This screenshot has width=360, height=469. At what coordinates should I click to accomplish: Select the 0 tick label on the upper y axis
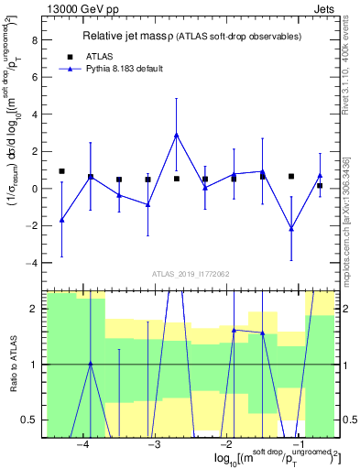point(36,189)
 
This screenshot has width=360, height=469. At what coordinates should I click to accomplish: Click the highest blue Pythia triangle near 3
point(176,135)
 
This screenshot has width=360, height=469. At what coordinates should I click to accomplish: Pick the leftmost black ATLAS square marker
point(61,171)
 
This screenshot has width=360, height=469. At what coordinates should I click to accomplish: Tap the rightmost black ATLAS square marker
point(320,186)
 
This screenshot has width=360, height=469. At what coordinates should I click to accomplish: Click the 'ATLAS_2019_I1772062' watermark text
point(191,274)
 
